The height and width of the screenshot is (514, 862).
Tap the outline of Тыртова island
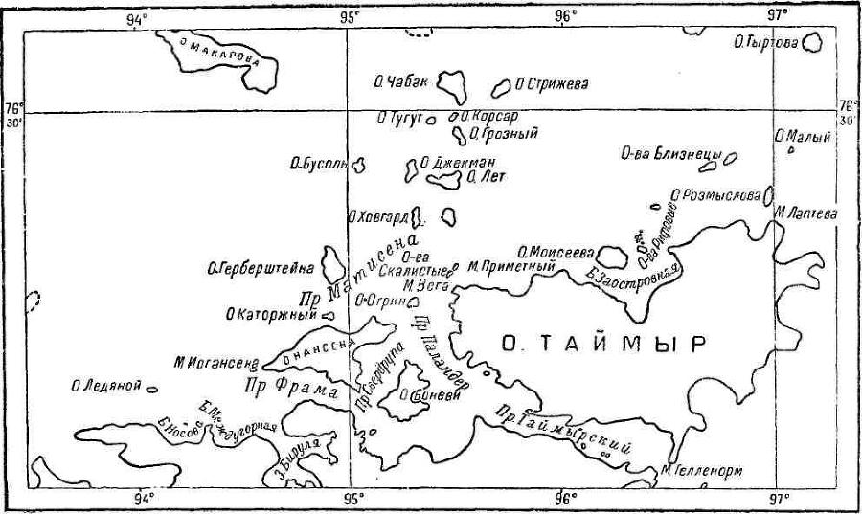click(x=812, y=43)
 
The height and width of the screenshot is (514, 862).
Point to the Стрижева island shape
click(x=500, y=88)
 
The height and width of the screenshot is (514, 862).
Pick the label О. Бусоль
click(x=318, y=165)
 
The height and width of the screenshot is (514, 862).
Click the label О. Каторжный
click(x=270, y=312)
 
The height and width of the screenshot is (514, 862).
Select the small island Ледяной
click(x=151, y=388)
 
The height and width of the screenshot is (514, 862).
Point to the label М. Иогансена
click(x=217, y=363)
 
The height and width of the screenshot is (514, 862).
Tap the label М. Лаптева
click(x=806, y=213)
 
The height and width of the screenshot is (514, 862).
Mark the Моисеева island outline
click(x=607, y=255)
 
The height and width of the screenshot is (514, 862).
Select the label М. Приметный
click(x=512, y=267)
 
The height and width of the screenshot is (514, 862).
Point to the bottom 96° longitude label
click(x=563, y=497)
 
